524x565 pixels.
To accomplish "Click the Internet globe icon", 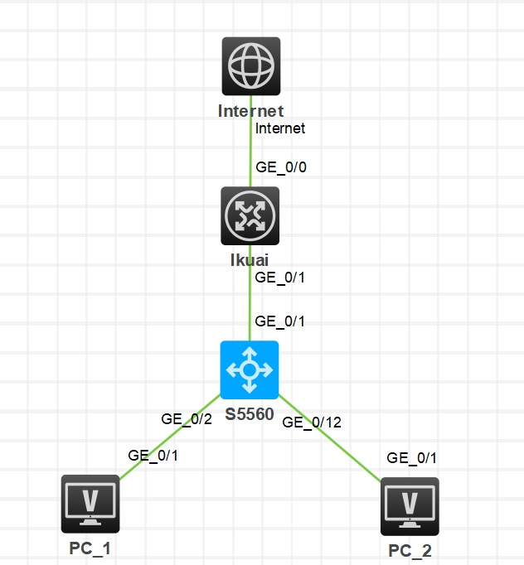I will click(x=250, y=65).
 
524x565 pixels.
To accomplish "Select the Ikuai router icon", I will click(x=250, y=215).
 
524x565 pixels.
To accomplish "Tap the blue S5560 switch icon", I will click(x=250, y=369).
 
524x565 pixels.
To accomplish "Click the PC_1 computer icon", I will click(x=90, y=504).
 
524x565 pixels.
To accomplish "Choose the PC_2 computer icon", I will click(x=410, y=506).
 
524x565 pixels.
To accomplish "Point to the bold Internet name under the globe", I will click(x=250, y=111).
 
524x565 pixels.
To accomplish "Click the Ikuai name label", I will click(x=250, y=260).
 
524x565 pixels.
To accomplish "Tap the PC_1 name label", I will click(x=90, y=548).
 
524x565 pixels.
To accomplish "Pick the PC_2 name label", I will click(x=410, y=551).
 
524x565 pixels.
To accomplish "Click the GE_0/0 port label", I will click(x=281, y=167).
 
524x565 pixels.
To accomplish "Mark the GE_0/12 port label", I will click(x=312, y=422).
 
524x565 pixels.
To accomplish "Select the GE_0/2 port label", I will click(x=187, y=419).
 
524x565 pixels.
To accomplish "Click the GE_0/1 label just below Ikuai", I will click(x=280, y=278).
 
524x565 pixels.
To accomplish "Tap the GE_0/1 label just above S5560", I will click(x=280, y=321).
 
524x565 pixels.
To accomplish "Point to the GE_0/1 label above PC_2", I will click(x=412, y=458).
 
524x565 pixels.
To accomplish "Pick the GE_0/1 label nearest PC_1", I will click(x=153, y=455).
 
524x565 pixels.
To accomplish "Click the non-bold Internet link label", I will click(x=280, y=128).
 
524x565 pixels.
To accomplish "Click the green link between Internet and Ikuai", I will click(x=250, y=153).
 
